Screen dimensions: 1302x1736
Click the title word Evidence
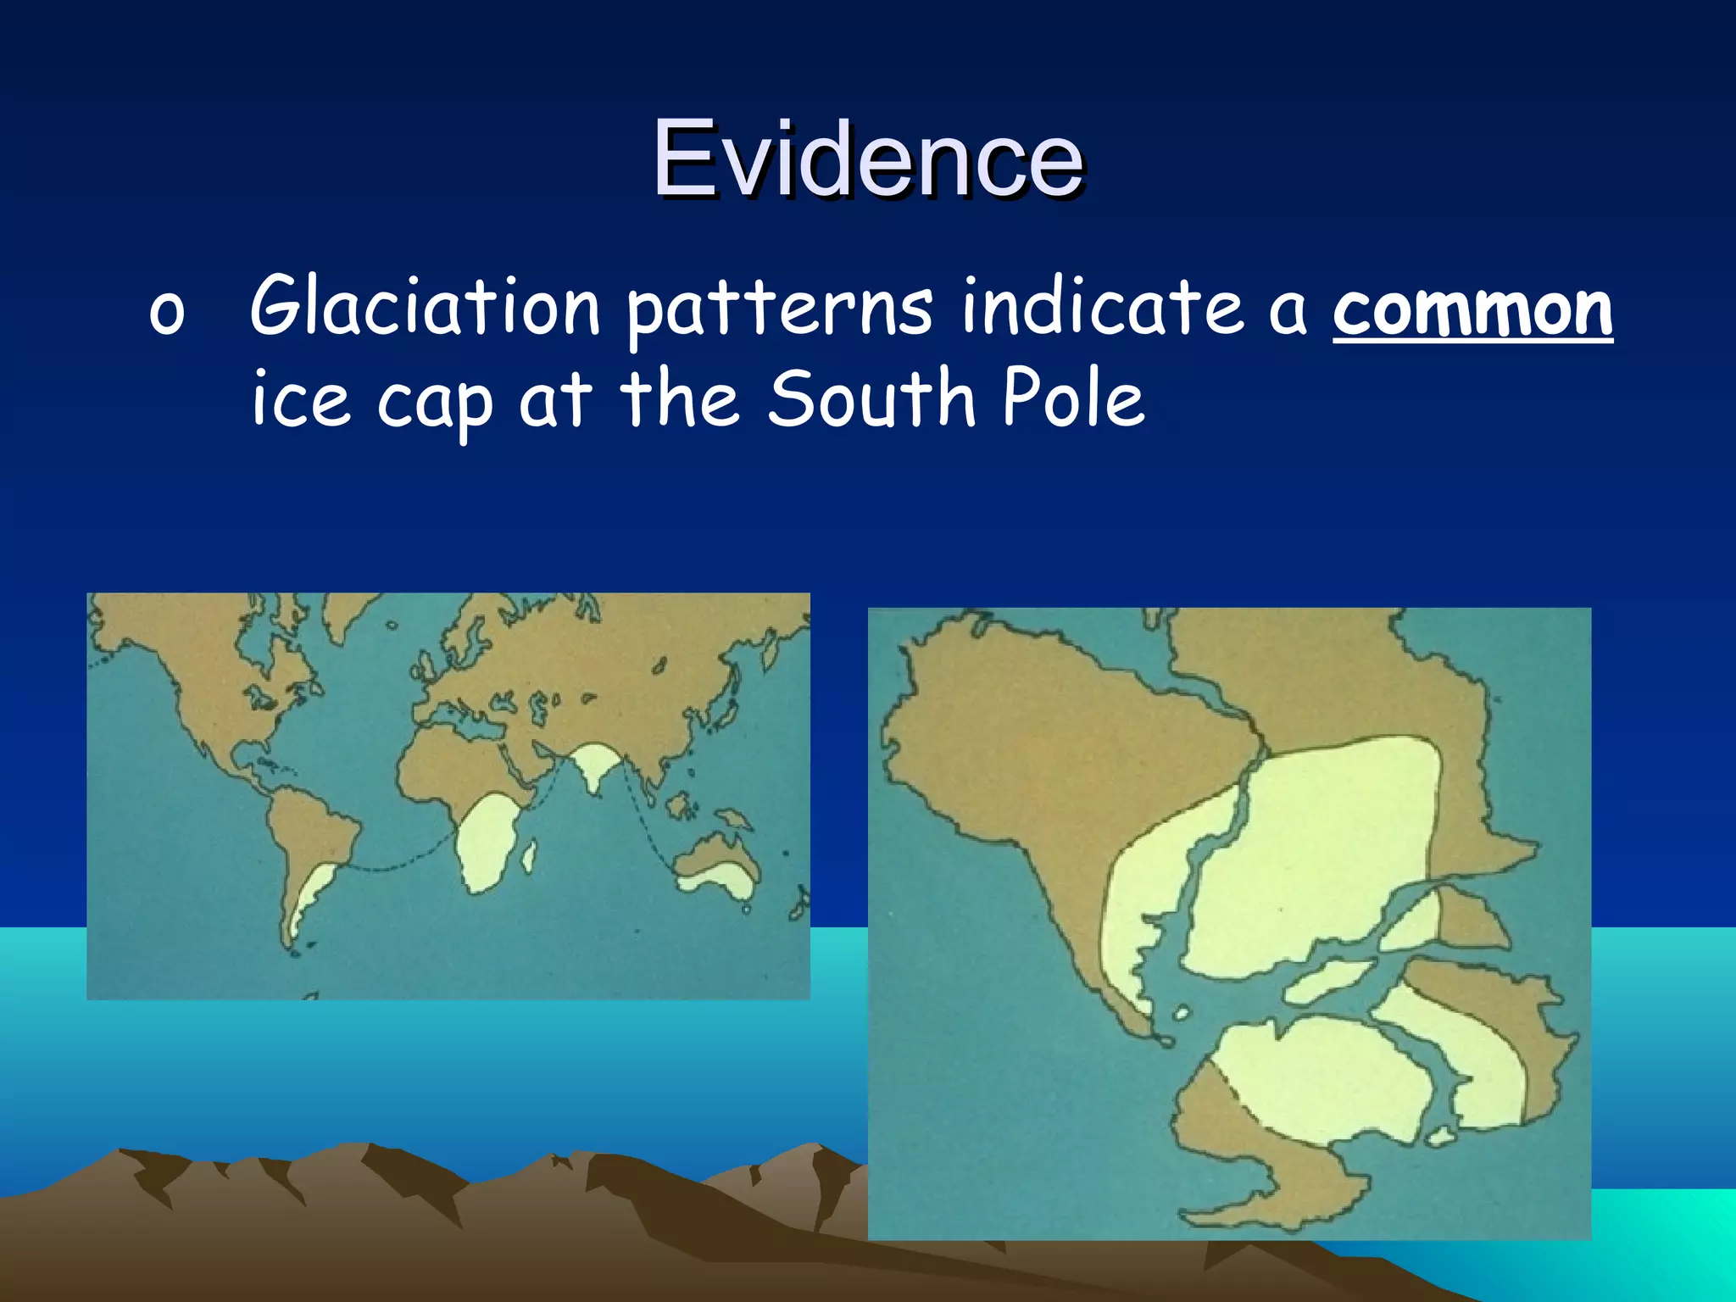pyautogui.click(x=868, y=159)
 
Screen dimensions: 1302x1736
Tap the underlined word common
pyautogui.click(x=1472, y=309)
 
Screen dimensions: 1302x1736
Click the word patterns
pyautogui.click(x=780, y=309)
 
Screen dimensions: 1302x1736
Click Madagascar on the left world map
pyautogui.click(x=529, y=856)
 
